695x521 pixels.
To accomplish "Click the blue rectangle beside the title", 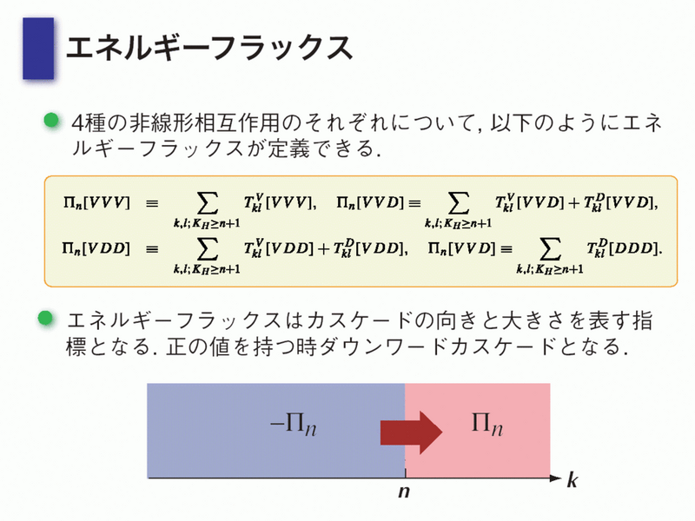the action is click(x=38, y=49).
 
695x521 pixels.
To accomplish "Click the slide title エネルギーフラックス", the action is click(x=209, y=48).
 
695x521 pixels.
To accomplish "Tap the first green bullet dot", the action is click(x=51, y=120).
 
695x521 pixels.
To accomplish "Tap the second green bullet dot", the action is click(x=46, y=318).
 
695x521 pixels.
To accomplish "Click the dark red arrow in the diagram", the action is click(x=411, y=432).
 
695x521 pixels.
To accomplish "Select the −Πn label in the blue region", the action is click(x=294, y=425).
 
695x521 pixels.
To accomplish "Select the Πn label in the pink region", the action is click(x=487, y=425).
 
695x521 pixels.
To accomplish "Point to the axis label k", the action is click(x=573, y=480).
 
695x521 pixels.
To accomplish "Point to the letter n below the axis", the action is click(x=404, y=491).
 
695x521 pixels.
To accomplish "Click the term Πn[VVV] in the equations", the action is click(x=97, y=203).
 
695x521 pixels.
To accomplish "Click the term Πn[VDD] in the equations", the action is click(x=96, y=248).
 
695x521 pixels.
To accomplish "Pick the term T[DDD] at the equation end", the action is click(x=624, y=248).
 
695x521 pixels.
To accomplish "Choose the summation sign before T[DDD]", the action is click(x=550, y=249).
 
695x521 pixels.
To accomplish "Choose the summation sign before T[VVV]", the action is click(x=207, y=204).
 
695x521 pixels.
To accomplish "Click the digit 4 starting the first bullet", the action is click(x=77, y=122).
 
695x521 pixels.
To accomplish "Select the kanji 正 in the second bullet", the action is click(x=176, y=346).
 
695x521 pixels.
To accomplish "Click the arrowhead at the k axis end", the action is click(x=556, y=478).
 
